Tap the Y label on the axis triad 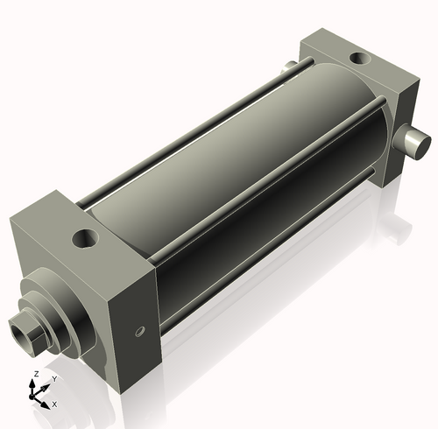coord(53,379)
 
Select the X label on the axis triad coord(54,404)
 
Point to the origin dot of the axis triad coord(36,396)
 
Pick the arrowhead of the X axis coord(46,403)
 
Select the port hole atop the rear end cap coord(359,59)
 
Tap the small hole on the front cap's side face coord(138,332)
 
